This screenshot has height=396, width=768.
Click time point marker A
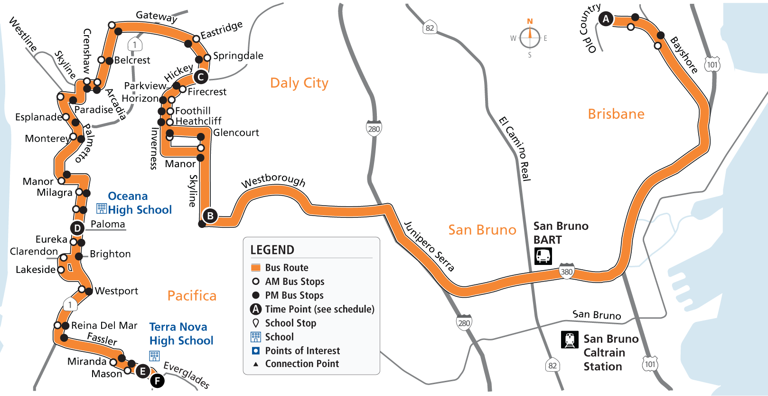click(606, 19)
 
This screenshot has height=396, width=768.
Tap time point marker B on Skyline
click(210, 216)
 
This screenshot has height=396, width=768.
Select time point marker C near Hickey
click(201, 77)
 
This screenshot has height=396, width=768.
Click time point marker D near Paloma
click(77, 228)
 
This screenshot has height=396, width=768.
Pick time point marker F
click(157, 380)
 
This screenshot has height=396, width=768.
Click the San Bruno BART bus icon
click(543, 256)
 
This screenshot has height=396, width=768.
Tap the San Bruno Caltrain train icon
click(570, 339)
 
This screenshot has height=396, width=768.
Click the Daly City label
click(299, 83)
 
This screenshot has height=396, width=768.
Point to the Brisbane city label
click(616, 114)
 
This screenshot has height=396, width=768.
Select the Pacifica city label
click(192, 296)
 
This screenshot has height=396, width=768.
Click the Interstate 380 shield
click(566, 271)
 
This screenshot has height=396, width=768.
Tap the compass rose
click(530, 38)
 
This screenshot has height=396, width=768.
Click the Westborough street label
click(273, 180)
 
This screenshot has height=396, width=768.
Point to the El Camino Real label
click(515, 148)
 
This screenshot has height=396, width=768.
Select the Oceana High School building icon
click(102, 208)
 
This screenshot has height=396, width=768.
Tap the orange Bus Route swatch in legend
click(255, 267)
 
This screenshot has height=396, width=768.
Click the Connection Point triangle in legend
click(255, 364)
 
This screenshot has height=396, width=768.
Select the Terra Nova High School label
click(181, 334)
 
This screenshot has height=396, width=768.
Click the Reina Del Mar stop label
click(104, 326)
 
